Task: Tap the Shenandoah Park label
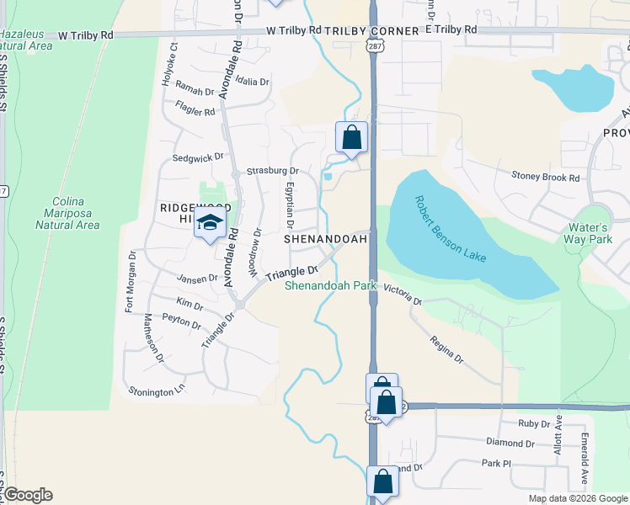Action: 330,286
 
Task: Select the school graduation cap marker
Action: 210,223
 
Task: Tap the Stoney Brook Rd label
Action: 546,178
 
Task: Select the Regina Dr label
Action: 446,348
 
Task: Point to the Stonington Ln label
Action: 156,391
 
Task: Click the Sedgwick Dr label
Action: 199,157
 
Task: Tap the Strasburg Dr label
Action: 267,171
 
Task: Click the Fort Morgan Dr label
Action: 131,281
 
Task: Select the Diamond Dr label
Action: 510,443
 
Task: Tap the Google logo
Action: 27,495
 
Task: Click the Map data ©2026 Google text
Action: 577,498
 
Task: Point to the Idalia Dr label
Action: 252,82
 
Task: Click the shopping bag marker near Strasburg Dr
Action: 351,137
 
